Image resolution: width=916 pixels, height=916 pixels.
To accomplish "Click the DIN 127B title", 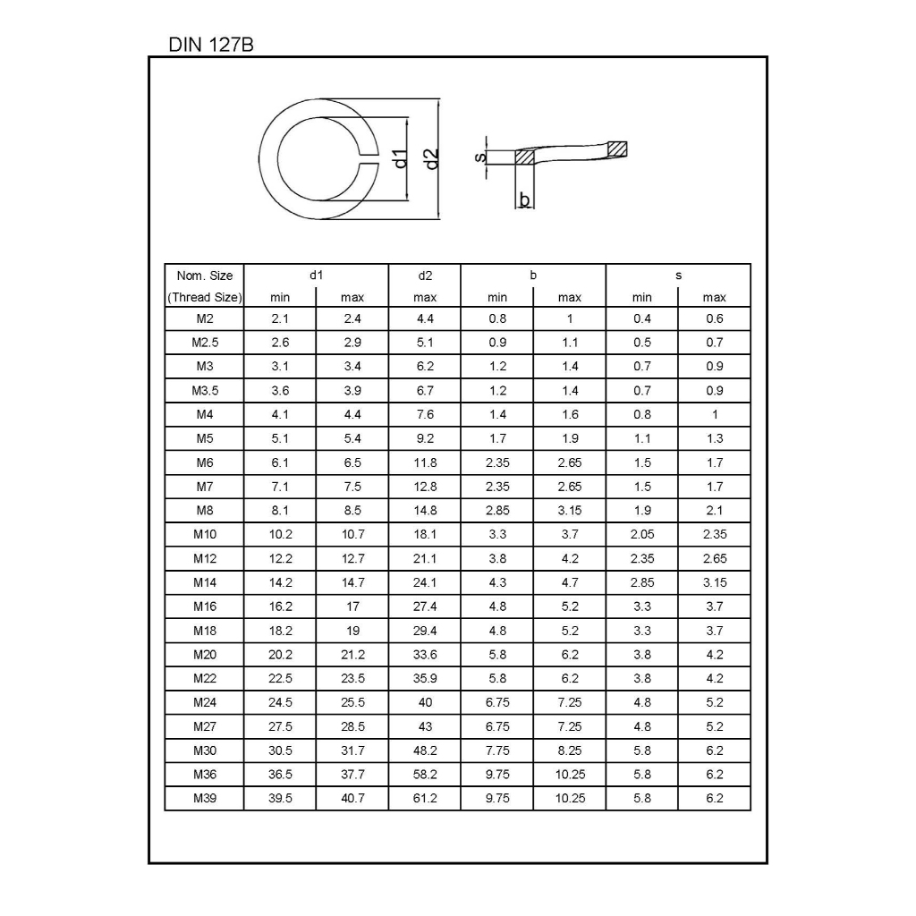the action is pyautogui.click(x=211, y=45).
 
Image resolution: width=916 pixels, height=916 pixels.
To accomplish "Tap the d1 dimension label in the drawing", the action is pyautogui.click(x=400, y=158).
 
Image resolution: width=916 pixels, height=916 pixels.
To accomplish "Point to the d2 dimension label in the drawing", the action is pyautogui.click(x=431, y=159).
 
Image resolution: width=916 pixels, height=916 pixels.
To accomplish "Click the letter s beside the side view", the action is pyautogui.click(x=480, y=157).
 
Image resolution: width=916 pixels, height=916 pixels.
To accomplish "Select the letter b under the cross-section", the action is pyautogui.click(x=524, y=199).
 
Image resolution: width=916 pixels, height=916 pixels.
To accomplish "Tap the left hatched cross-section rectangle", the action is pyautogui.click(x=524, y=157).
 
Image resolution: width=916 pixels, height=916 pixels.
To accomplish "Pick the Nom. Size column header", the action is pyautogui.click(x=205, y=276).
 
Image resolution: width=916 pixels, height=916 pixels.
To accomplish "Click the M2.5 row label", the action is pyautogui.click(x=205, y=343).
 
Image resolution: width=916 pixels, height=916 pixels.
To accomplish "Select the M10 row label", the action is pyautogui.click(x=205, y=535).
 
